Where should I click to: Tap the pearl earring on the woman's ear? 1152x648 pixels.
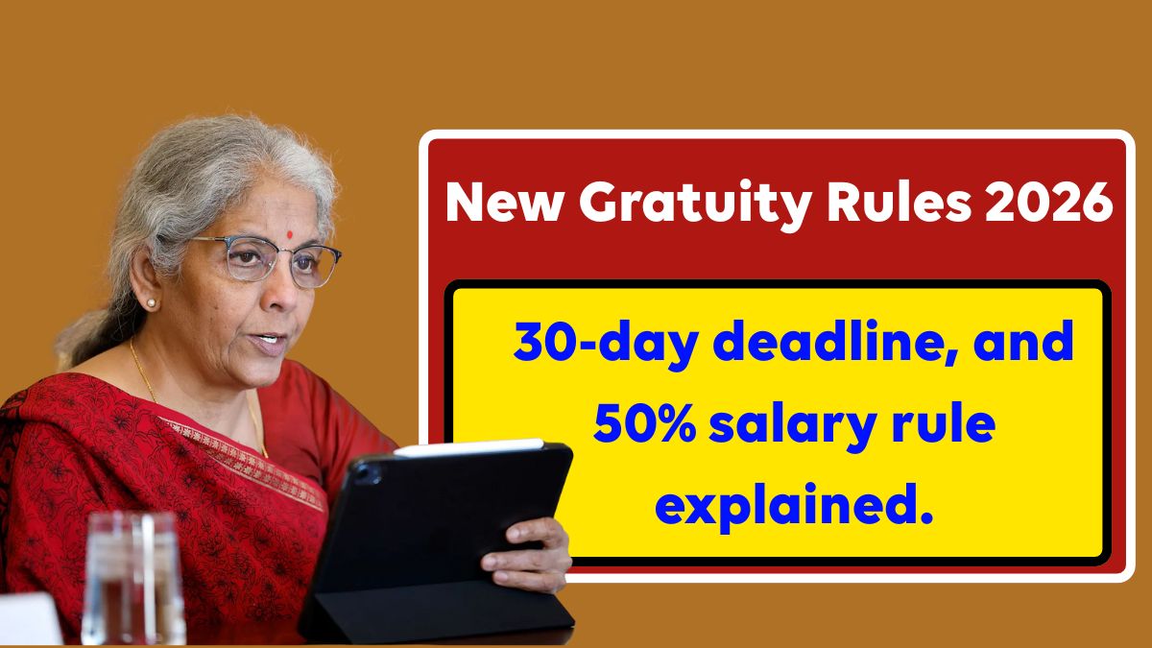152,303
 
